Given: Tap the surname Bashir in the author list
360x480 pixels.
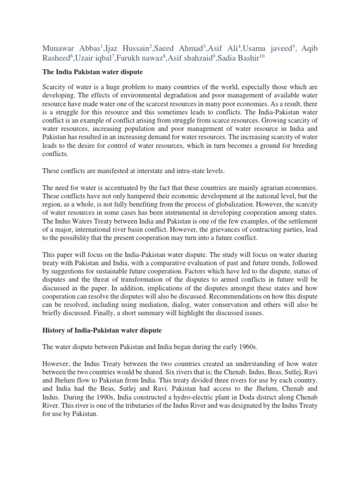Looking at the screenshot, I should pos(244,58).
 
